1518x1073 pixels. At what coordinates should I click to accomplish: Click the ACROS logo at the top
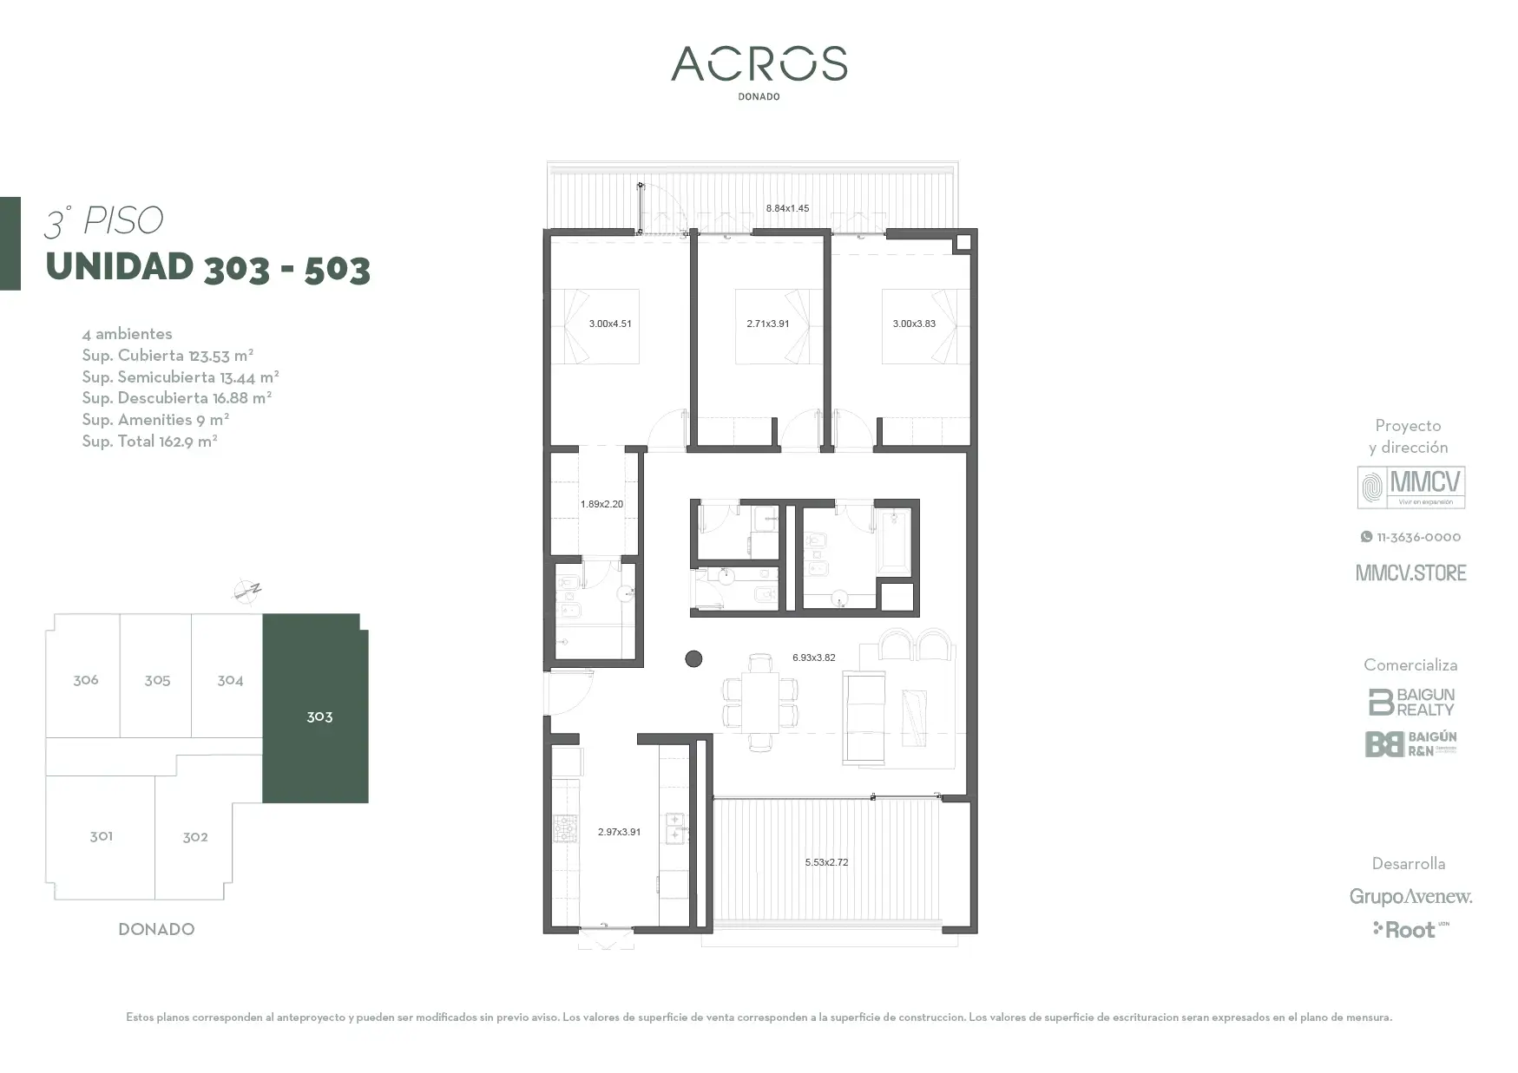point(759,64)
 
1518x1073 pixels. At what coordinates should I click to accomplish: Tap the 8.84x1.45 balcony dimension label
point(787,208)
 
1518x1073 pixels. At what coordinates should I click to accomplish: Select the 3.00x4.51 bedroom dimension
point(610,324)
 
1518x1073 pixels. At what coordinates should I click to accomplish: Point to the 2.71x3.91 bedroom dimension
point(768,324)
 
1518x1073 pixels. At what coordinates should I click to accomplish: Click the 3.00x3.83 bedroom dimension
point(914,324)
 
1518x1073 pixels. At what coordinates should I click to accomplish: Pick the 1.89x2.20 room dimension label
point(601,504)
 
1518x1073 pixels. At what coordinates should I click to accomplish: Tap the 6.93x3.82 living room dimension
point(814,658)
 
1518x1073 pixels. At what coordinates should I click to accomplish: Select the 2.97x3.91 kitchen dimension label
point(619,832)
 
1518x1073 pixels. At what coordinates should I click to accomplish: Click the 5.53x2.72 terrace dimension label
point(826,862)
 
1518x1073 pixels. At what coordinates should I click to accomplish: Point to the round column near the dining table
point(693,659)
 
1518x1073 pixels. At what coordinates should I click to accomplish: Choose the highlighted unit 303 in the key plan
point(316,709)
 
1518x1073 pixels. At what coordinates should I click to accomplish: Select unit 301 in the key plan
point(101,837)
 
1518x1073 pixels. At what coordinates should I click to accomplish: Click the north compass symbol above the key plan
point(247,592)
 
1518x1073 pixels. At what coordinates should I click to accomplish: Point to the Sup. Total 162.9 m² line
point(149,441)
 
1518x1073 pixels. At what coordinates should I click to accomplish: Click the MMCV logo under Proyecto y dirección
point(1411,487)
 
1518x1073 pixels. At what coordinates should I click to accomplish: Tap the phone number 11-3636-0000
point(1410,537)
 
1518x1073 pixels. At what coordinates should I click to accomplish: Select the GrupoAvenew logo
point(1410,897)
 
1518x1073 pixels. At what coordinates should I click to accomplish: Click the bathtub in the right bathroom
point(894,541)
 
